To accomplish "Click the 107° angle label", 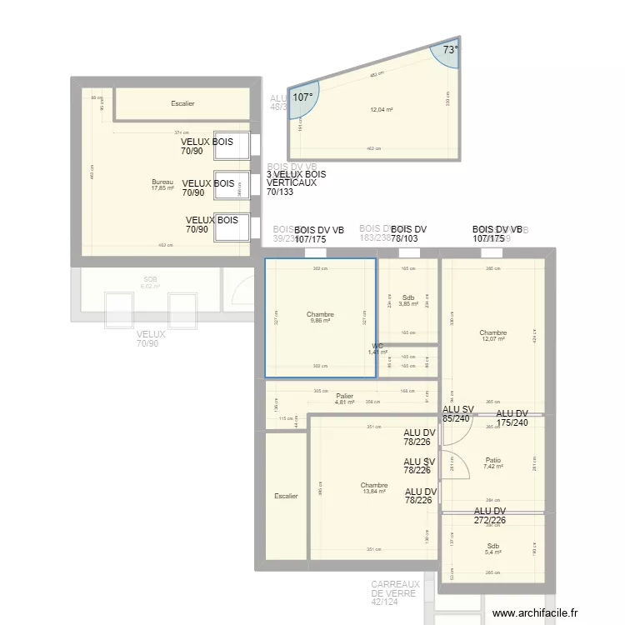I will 302,97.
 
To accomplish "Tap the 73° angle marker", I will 450,50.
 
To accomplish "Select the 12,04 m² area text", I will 381,110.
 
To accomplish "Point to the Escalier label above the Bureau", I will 182,104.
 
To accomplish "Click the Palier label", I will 344,397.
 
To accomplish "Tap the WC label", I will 377,346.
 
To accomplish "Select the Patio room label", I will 492,459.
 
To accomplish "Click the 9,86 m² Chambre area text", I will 320,320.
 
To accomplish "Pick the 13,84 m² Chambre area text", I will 374,491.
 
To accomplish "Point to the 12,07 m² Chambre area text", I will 493,338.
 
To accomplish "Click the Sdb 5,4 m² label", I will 493,549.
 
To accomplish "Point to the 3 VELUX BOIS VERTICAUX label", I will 296,182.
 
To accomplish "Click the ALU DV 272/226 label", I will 490,516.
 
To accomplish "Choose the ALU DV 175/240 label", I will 512,417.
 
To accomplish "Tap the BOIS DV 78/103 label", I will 408,234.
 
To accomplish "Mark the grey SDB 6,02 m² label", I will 150,283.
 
